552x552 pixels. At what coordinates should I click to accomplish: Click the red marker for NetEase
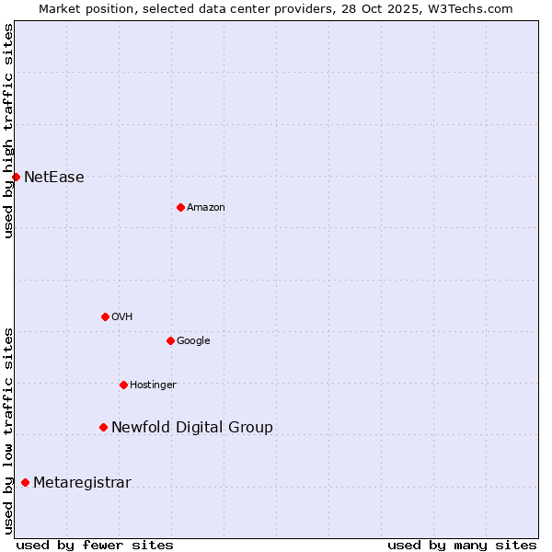tap(16, 177)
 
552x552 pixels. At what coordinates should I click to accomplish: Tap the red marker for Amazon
tap(180, 207)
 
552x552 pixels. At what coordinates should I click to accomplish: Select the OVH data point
tap(105, 316)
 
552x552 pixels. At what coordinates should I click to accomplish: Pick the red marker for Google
tap(170, 340)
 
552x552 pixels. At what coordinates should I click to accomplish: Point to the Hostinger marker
tap(123, 385)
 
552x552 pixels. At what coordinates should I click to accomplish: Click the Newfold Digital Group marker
tap(103, 427)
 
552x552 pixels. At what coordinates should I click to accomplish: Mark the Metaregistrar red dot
tap(25, 482)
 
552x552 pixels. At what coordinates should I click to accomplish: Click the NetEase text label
tap(54, 178)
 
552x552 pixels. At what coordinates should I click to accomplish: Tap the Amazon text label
tap(206, 208)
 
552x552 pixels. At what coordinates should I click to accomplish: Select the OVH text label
tap(122, 317)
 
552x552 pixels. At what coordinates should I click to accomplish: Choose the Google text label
tap(193, 341)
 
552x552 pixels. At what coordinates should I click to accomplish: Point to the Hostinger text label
tap(153, 385)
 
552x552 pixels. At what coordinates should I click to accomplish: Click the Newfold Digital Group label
tap(192, 428)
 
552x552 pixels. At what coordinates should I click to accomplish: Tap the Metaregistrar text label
tap(82, 483)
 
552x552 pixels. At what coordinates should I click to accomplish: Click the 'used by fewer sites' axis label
tap(95, 545)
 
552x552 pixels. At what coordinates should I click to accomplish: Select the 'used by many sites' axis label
tap(462, 545)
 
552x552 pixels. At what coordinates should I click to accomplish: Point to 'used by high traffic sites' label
tap(9, 131)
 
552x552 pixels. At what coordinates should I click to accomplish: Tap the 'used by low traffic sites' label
tap(9, 430)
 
